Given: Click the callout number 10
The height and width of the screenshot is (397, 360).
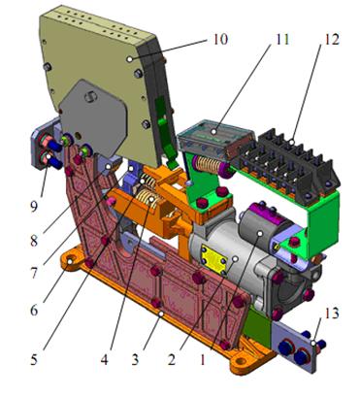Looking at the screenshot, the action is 220,39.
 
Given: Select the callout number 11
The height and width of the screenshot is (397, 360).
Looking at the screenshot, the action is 281,39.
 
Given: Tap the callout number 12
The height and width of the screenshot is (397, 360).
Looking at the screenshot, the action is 332,39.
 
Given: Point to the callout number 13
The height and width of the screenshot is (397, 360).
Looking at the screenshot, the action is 331,314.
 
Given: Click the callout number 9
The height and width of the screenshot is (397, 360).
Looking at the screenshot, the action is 34,207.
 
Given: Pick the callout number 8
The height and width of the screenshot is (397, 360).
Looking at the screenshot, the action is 34,241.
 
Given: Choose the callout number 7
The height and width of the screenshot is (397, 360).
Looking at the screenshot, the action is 34,273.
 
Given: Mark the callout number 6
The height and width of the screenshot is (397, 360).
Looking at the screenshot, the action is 34,310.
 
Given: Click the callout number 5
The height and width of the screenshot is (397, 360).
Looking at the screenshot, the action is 34,359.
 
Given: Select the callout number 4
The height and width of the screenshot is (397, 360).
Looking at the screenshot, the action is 104,359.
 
